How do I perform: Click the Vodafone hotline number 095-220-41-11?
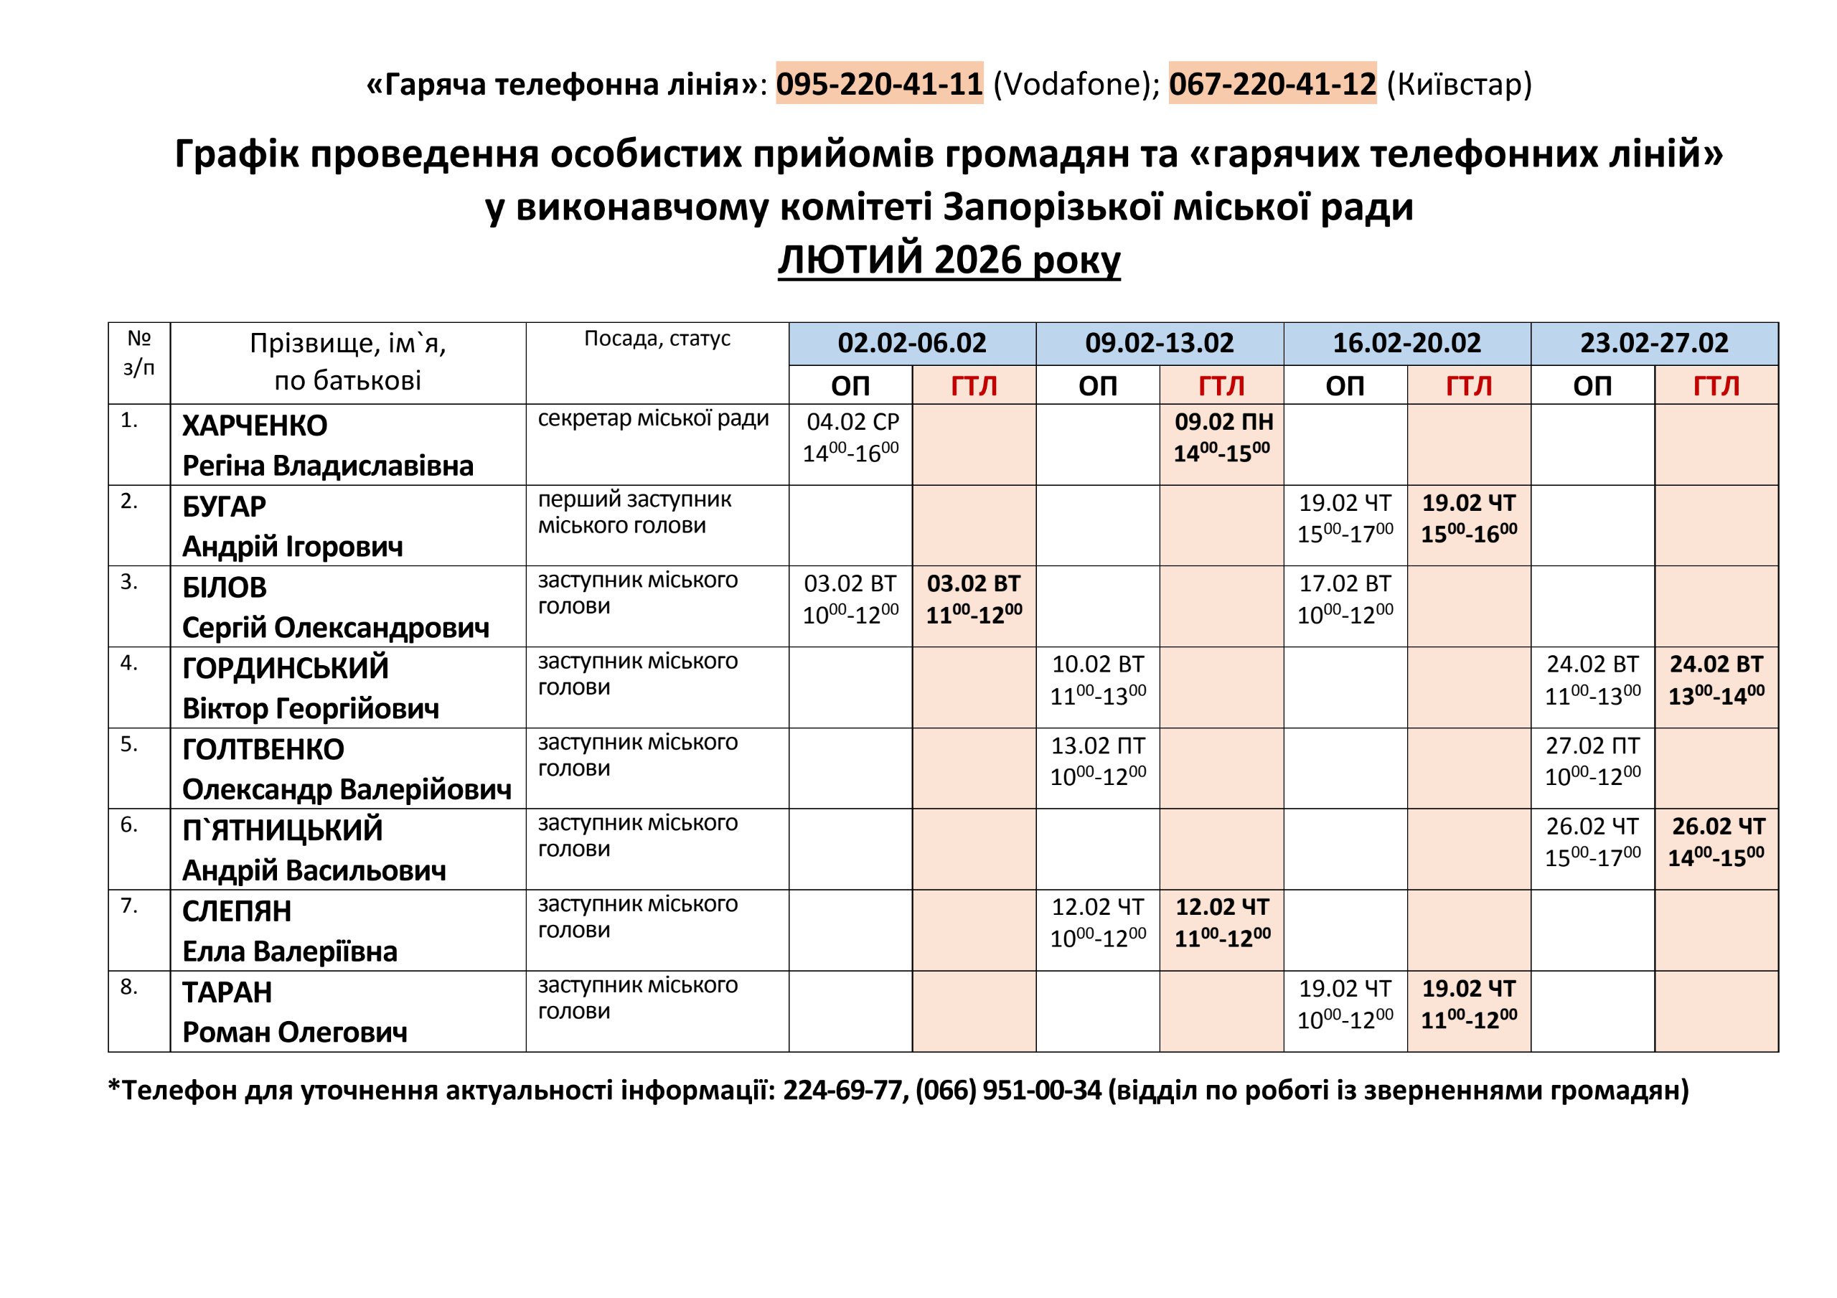pos(878,84)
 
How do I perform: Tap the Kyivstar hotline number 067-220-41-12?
pos(1272,84)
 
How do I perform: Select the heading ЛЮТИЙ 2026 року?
pos(949,260)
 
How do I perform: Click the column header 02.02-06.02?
pos(911,343)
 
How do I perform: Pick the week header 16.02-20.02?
pos(1406,343)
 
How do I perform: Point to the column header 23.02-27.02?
pos(1654,343)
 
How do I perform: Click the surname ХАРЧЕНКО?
pos(255,425)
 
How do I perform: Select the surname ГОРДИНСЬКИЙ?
pos(286,668)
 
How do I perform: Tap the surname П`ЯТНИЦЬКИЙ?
pos(283,831)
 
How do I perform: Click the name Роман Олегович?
pos(294,1033)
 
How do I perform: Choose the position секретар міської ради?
pos(653,418)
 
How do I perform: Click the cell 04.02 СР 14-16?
pos(850,438)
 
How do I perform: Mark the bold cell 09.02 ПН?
pos(1222,438)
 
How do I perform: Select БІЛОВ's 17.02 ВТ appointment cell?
pos(1345,599)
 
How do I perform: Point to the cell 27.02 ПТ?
pos(1592,761)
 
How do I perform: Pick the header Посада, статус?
pos(657,339)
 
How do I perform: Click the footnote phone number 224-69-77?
pos(842,1090)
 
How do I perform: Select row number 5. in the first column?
pos(130,744)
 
